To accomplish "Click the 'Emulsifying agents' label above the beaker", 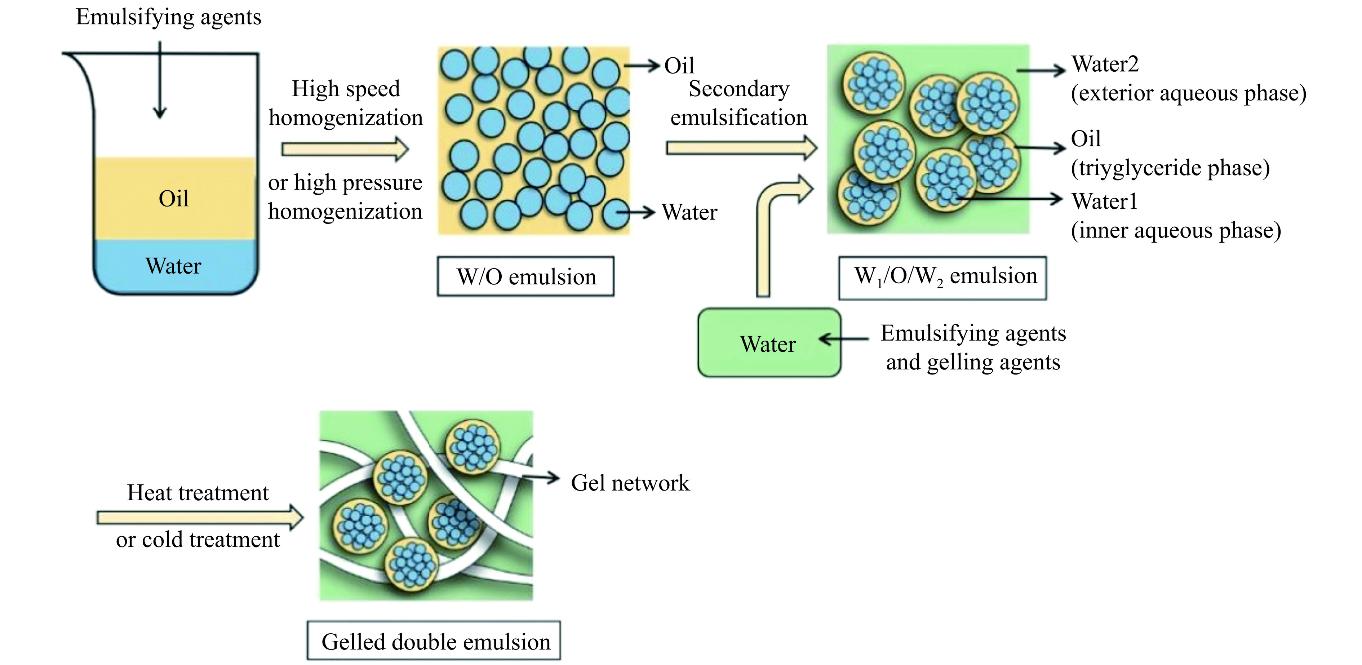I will coord(168,17).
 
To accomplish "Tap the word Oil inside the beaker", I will coord(173,199).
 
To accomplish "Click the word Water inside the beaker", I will coord(173,266).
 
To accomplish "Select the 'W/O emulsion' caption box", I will coord(525,276).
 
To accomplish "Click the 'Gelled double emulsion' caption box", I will coord(434,641).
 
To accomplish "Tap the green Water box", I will coord(768,343).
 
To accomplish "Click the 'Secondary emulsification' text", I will coord(738,103).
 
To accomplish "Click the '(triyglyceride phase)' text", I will coord(1170,168).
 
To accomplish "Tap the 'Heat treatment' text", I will coord(198,493).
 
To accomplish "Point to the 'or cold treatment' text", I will coord(198,540).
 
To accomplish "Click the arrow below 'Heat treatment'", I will coord(200,517).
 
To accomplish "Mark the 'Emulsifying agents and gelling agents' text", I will coord(973,347).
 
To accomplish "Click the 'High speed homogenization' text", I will coord(346,103).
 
